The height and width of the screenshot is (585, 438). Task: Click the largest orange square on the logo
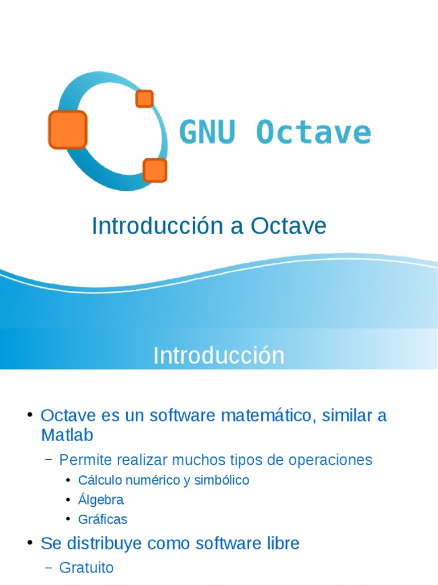[68, 130]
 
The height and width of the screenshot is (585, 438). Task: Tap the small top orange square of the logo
[144, 99]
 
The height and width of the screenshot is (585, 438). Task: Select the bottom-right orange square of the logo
[155, 170]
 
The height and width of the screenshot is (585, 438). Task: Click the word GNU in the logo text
[207, 133]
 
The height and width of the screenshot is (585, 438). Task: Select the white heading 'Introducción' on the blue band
[218, 355]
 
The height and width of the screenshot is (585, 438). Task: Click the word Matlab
[67, 435]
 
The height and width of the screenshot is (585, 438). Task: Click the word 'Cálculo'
[99, 480]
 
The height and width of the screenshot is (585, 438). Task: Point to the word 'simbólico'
[221, 480]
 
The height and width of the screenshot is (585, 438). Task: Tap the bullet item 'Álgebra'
[101, 500]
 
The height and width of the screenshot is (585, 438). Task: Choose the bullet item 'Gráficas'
[103, 519]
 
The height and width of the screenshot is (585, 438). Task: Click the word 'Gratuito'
[86, 567]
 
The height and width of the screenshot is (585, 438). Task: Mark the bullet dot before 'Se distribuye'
[30, 543]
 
